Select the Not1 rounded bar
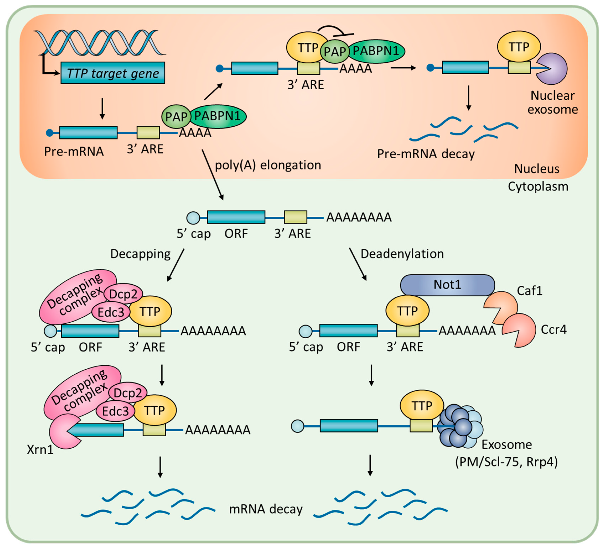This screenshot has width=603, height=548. [x=448, y=285]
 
